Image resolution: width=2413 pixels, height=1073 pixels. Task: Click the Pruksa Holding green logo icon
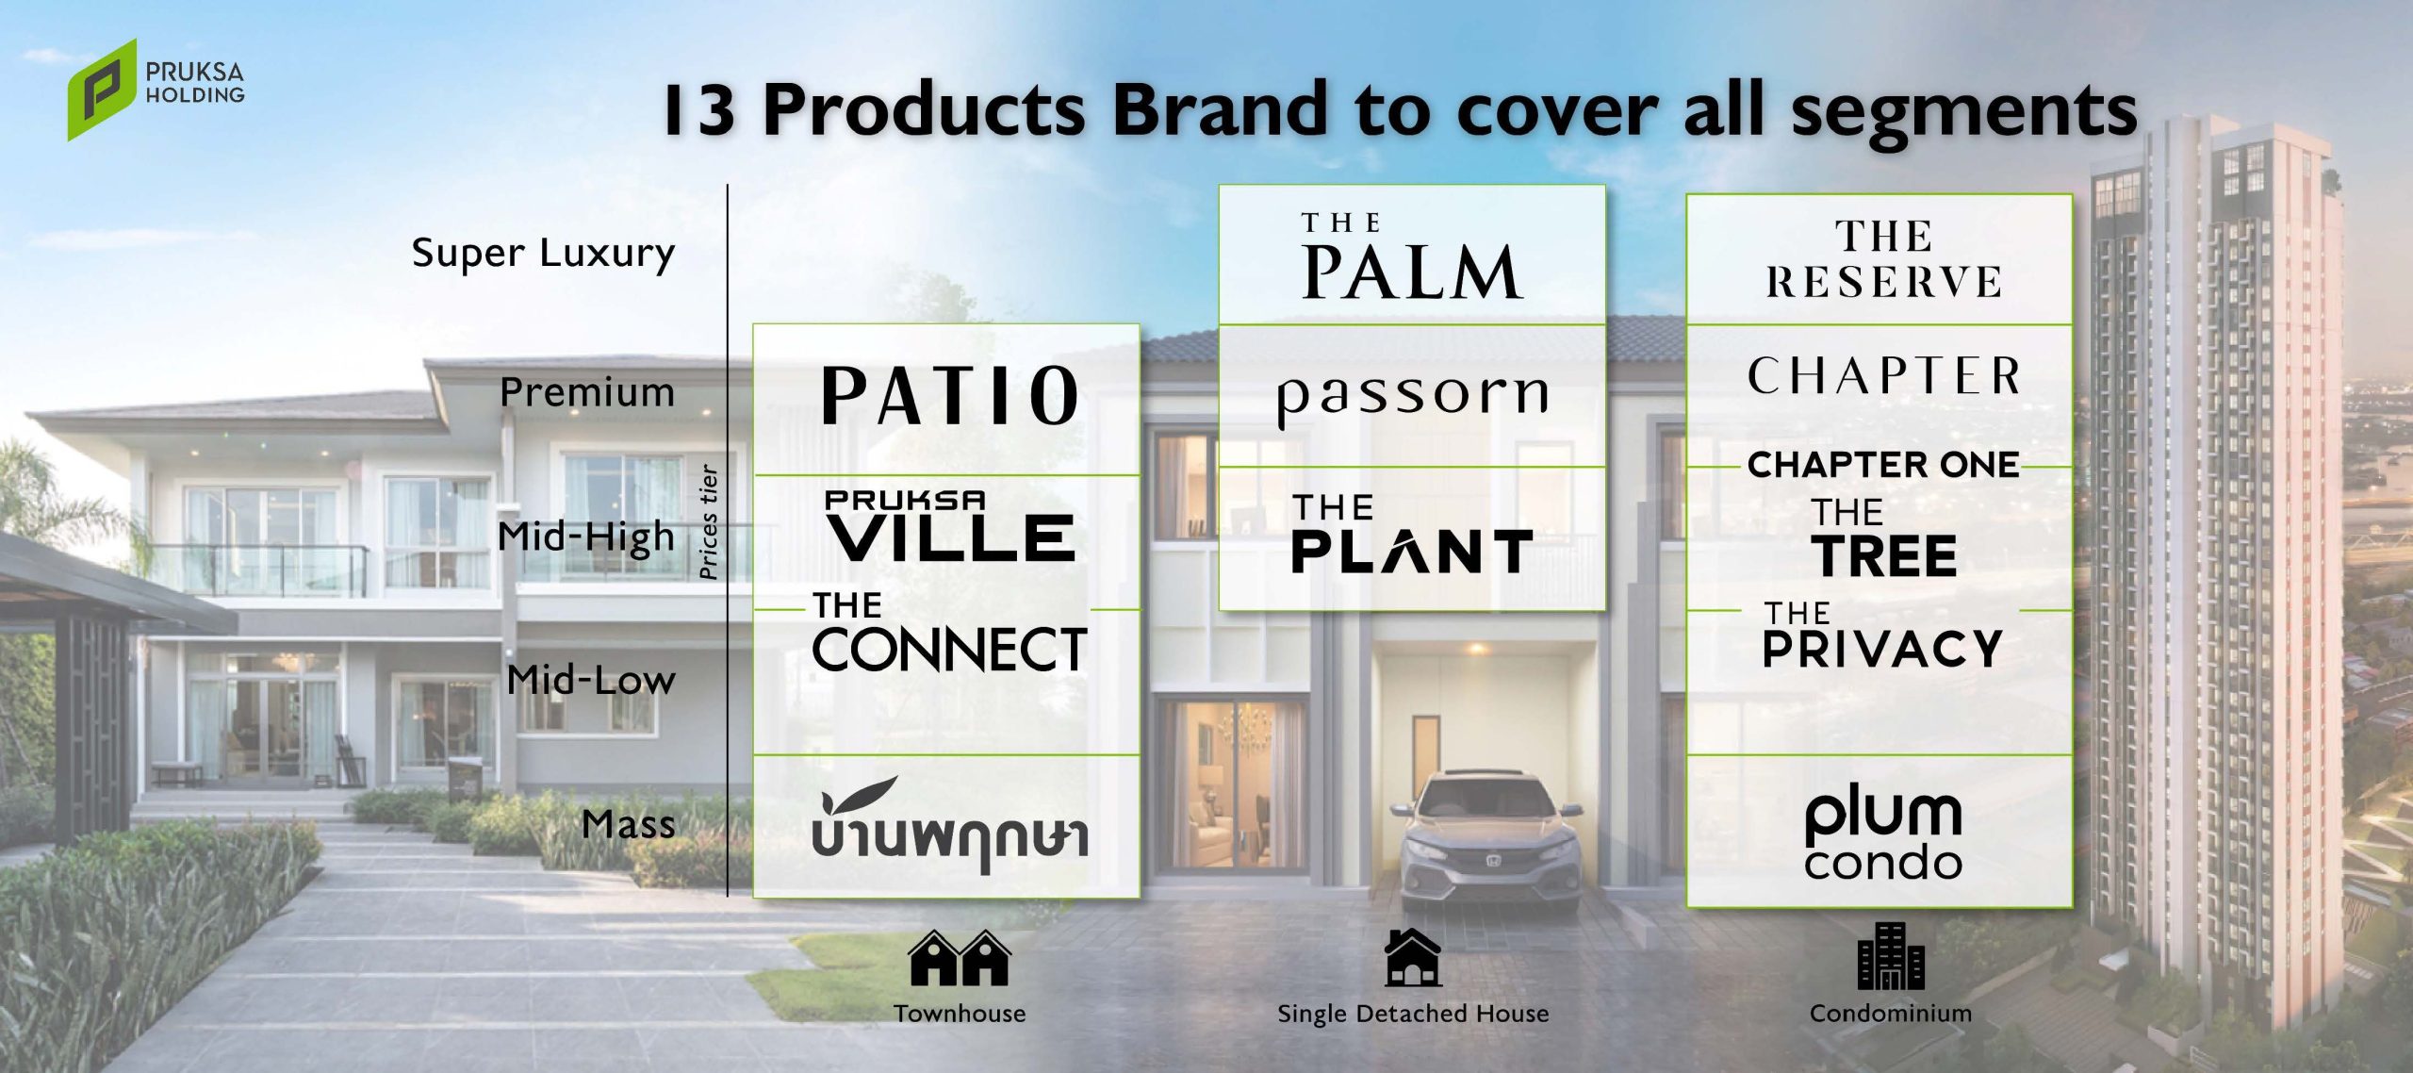[x=102, y=90]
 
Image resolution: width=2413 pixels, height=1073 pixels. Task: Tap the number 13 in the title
[x=699, y=110]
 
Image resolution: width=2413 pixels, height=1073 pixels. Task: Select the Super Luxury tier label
[x=543, y=254]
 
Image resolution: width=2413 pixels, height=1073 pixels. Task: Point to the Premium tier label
[x=587, y=392]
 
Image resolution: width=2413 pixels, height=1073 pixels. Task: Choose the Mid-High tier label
[x=586, y=537]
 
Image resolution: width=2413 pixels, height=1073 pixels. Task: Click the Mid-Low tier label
[x=591, y=680]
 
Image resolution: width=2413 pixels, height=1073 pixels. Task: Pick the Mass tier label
[x=629, y=824]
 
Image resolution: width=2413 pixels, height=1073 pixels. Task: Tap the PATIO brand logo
[x=950, y=395]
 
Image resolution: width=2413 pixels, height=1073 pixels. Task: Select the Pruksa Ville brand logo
[x=950, y=525]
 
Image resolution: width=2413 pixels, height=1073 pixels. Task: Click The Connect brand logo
[x=949, y=632]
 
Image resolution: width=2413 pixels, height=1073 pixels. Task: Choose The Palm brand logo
[x=1411, y=256]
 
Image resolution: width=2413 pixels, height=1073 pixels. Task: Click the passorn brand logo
[x=1412, y=400]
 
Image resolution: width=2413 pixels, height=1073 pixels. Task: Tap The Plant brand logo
[x=1411, y=534]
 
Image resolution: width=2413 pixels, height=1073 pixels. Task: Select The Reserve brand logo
[x=1882, y=258]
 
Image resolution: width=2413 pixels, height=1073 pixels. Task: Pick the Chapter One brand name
[x=1882, y=465]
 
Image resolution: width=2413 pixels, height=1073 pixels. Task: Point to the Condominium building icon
[x=1890, y=956]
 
